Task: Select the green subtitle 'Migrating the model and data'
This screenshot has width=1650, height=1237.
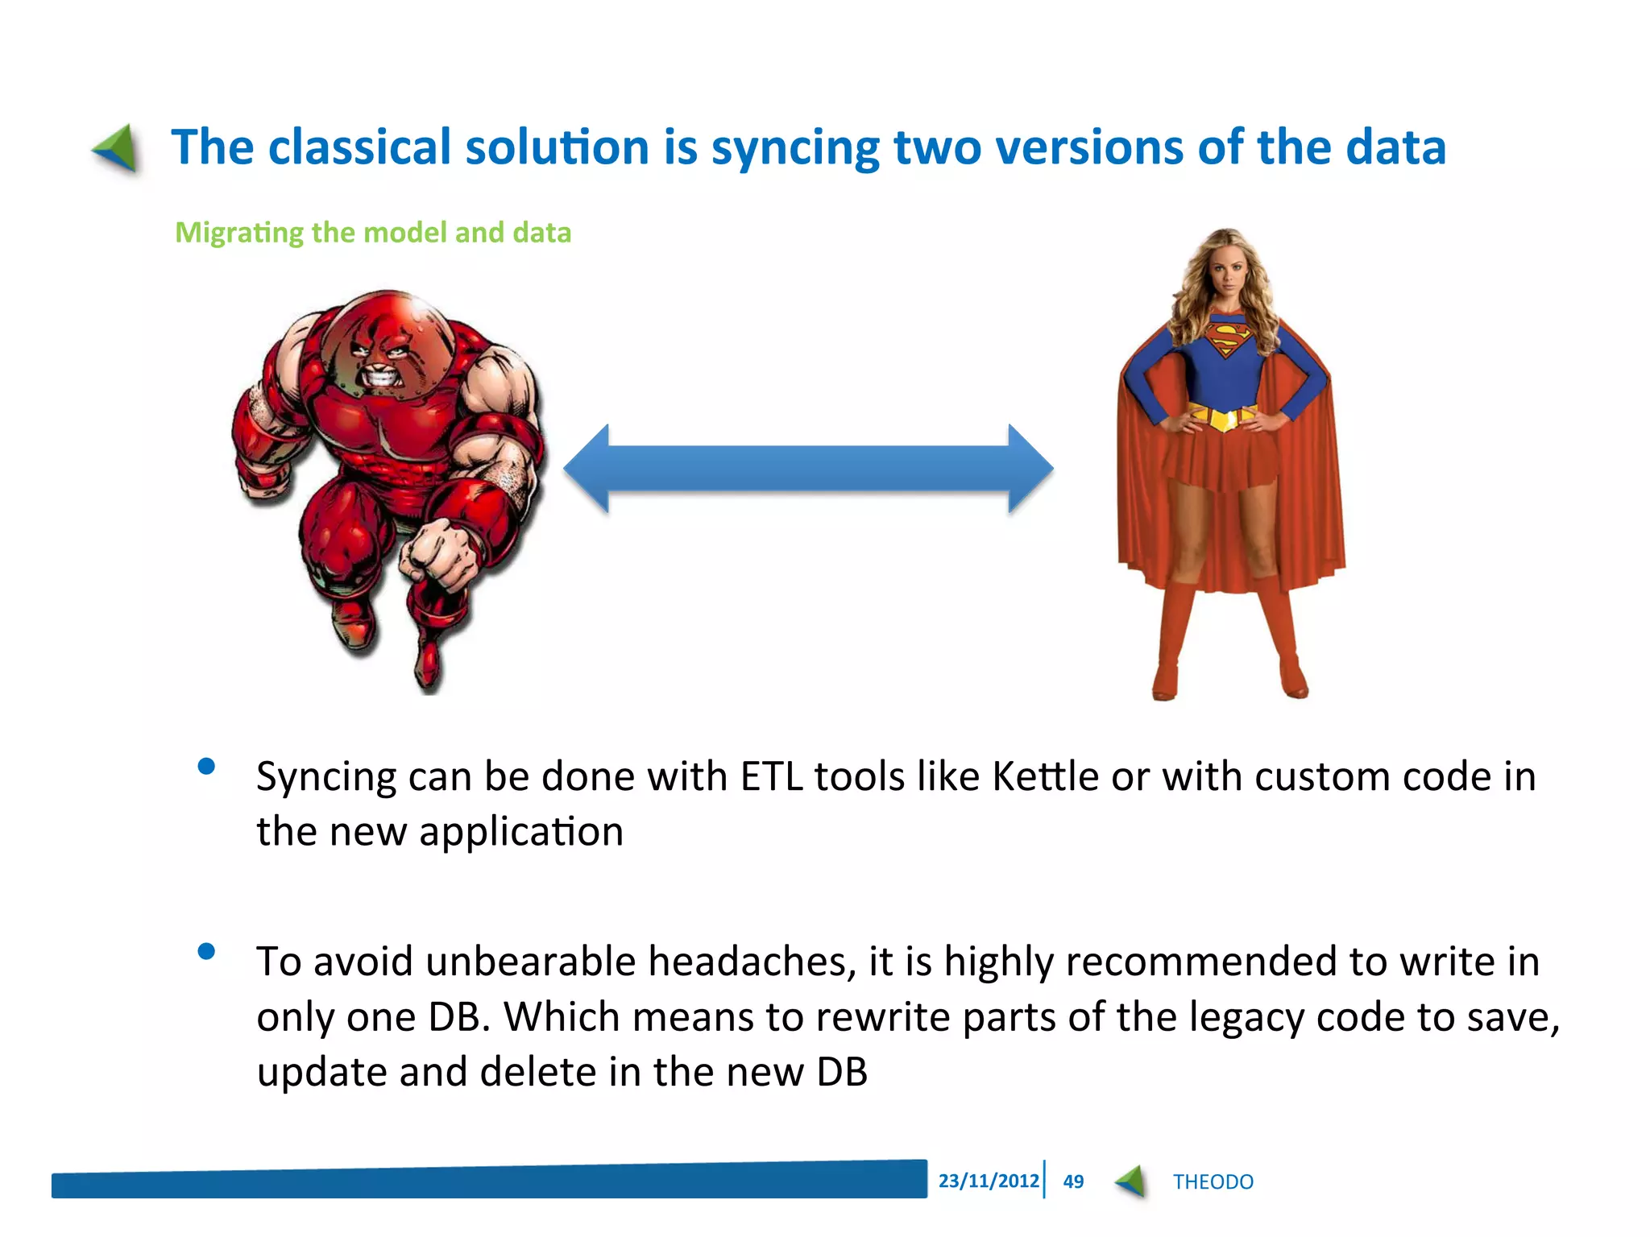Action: (x=373, y=233)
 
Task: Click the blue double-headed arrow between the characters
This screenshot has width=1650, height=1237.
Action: (x=808, y=469)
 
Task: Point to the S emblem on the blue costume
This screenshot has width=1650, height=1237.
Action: (x=1229, y=338)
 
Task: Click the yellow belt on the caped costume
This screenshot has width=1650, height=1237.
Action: (x=1223, y=417)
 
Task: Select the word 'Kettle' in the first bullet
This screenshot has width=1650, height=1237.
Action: (x=1045, y=777)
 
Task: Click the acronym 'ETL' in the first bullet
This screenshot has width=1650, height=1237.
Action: (x=771, y=777)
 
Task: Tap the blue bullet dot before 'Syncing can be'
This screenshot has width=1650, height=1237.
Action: (x=206, y=766)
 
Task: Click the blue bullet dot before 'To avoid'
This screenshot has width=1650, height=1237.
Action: (x=206, y=952)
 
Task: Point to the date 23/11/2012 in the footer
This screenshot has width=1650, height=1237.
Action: (x=988, y=1181)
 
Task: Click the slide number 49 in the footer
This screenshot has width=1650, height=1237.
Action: (x=1073, y=1181)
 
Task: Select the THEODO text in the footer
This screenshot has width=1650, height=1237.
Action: (x=1213, y=1182)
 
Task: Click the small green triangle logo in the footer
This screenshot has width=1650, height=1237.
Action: (x=1131, y=1181)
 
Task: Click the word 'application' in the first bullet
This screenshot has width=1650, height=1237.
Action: (x=520, y=833)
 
